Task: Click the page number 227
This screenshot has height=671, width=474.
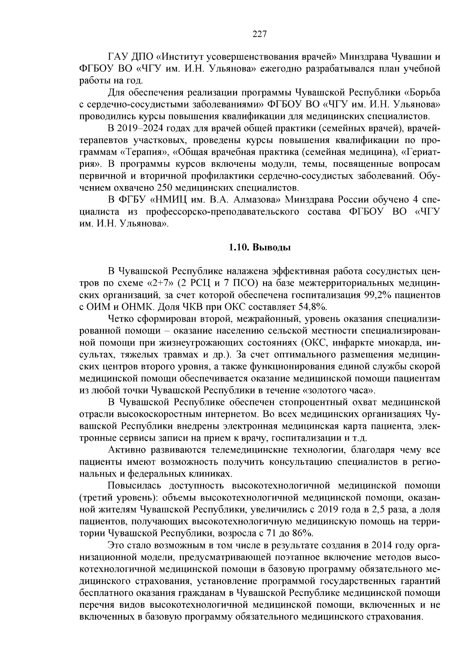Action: click(x=260, y=34)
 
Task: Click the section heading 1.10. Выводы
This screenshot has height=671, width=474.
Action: click(x=260, y=248)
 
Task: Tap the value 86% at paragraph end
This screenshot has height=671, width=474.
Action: click(x=302, y=533)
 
